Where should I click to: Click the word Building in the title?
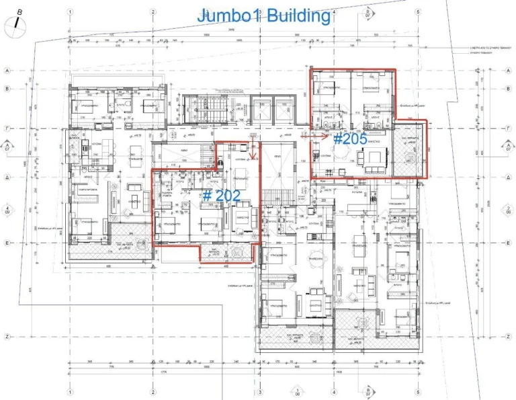pos(298,15)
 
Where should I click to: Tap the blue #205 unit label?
pos(349,139)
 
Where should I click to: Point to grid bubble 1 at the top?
pos(69,12)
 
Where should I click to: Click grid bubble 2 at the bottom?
pos(153,393)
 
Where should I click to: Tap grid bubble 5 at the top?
pos(418,12)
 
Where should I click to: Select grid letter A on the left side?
pos(7,69)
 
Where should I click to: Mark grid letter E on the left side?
pos(7,243)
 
